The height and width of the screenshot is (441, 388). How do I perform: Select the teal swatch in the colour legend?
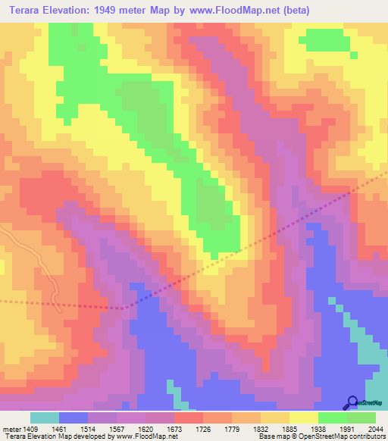click(45, 418)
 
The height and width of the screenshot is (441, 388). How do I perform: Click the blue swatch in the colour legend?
click(74, 418)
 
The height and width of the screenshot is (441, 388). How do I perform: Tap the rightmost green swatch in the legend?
click(361, 418)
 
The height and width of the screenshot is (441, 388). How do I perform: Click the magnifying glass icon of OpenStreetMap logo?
click(352, 402)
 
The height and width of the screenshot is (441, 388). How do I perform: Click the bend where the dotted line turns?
click(126, 308)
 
